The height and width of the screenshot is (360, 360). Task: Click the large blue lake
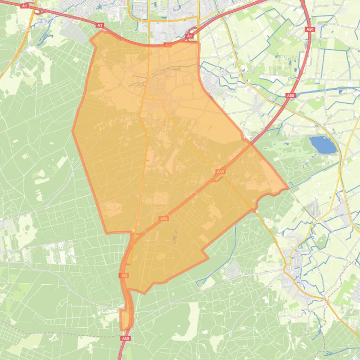pyautogui.click(x=323, y=145)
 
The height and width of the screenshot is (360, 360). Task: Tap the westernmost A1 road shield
pyautogui.click(x=25, y=6)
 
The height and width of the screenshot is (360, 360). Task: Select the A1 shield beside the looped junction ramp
pyautogui.click(x=190, y=36)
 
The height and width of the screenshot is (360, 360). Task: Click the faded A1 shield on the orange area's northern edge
pyautogui.click(x=168, y=45)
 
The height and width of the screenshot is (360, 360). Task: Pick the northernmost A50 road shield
pyautogui.click(x=309, y=29)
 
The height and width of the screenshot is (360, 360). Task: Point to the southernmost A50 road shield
pyautogui.click(x=125, y=338)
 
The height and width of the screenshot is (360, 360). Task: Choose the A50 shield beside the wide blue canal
pyautogui.click(x=291, y=95)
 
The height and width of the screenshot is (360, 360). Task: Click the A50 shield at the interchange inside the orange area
pyautogui.click(x=220, y=172)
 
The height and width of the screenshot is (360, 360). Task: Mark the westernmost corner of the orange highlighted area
pyautogui.click(x=73, y=131)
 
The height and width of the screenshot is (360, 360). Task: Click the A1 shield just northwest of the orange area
pyautogui.click(x=100, y=25)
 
